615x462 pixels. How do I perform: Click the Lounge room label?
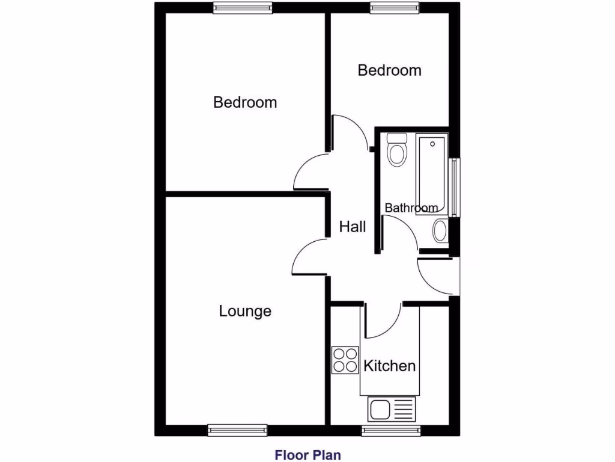(245, 312)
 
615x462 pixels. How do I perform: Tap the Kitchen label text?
(390, 366)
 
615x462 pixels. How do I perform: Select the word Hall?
(353, 227)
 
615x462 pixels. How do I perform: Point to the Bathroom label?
(411, 208)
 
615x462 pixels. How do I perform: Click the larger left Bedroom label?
(245, 102)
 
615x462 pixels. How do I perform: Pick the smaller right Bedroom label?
(389, 70)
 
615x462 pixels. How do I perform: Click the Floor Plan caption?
(307, 454)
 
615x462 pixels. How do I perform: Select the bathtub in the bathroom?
(432, 174)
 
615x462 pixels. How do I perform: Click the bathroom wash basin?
(440, 230)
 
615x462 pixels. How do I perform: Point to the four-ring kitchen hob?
(345, 360)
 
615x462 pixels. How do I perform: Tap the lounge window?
(237, 430)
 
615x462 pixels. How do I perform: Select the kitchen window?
(391, 430)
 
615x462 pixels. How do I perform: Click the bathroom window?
(455, 187)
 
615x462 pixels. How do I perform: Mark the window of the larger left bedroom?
(243, 8)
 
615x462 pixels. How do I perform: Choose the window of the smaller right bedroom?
(394, 8)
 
